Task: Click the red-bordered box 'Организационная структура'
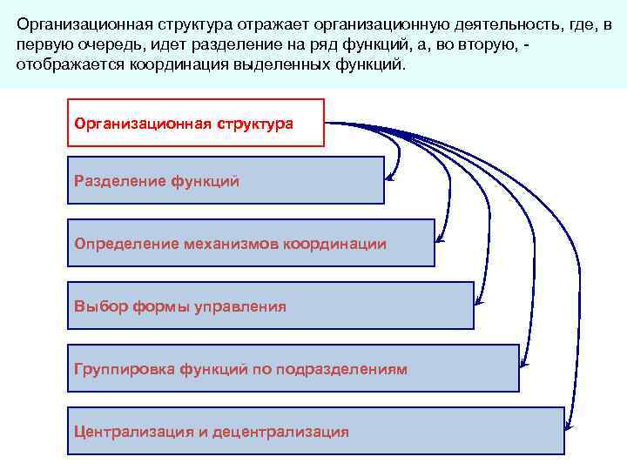click(x=195, y=123)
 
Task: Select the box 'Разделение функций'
click(x=226, y=180)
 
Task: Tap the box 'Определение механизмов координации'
click(x=251, y=243)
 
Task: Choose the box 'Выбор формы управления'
click(x=270, y=305)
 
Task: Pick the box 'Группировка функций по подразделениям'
click(x=293, y=368)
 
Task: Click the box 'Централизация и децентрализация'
click(x=315, y=431)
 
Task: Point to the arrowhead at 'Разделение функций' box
click(x=389, y=180)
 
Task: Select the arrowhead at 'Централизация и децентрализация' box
click(x=569, y=426)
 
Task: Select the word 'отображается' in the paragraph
click(x=67, y=64)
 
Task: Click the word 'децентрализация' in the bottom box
click(x=287, y=432)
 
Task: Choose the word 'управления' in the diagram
click(x=240, y=306)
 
